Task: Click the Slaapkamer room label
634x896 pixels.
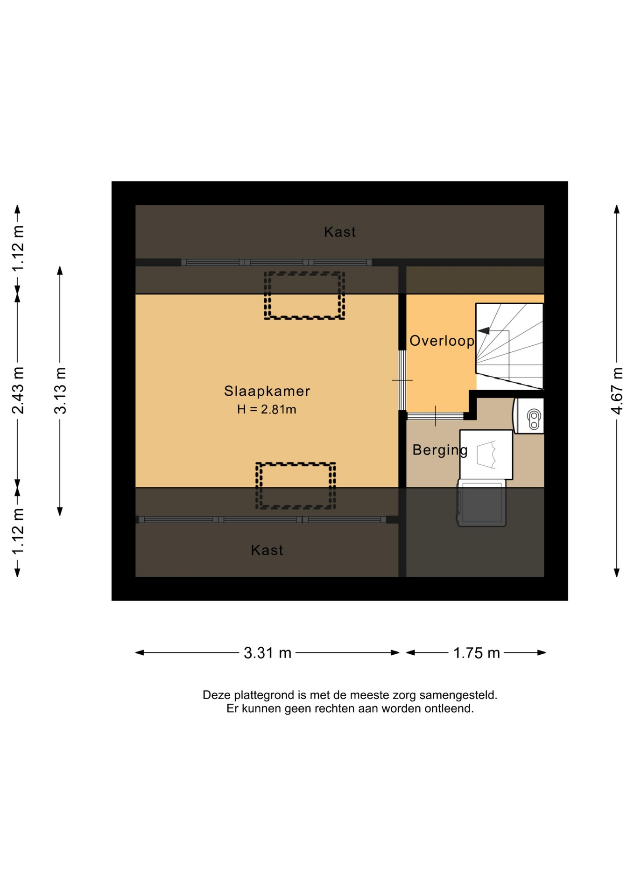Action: coord(267,391)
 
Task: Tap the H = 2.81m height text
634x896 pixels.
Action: coord(267,410)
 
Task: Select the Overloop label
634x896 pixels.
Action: coord(442,341)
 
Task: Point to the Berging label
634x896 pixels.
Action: coord(440,450)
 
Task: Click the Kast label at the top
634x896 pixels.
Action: coord(340,232)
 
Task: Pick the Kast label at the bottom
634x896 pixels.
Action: coord(267,550)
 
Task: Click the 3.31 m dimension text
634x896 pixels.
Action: coord(268,653)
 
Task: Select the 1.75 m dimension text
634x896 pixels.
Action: coord(476,653)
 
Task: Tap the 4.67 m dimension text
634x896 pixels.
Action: coord(617,391)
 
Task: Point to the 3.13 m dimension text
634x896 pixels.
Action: coord(60,391)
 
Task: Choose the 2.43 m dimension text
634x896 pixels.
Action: coord(18,391)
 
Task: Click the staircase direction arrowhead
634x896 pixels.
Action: coord(483,331)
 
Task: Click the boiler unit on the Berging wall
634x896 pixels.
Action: coord(529,416)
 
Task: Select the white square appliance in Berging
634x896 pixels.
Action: coord(486,455)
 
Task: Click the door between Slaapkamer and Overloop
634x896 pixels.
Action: coord(402,380)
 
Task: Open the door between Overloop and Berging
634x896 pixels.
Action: coord(436,416)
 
